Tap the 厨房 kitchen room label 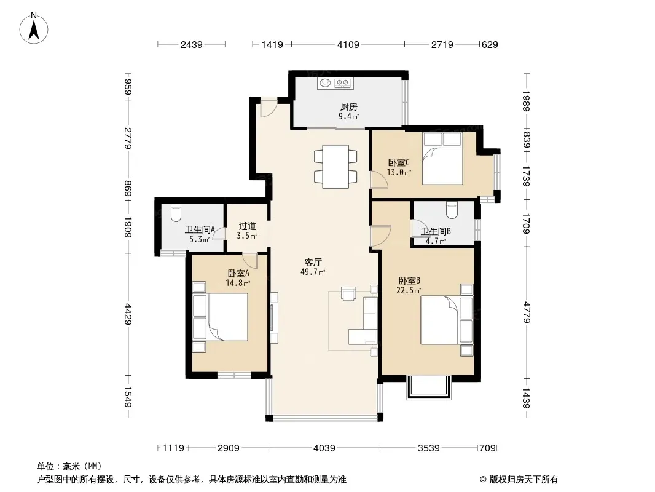(x=349, y=106)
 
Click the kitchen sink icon (x=326, y=83)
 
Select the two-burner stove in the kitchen (x=342, y=83)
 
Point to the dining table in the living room (x=336, y=167)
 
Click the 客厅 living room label (x=313, y=263)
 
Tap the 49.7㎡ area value (x=313, y=272)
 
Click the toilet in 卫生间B (x=452, y=210)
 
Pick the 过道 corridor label (x=247, y=226)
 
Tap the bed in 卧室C (x=442, y=159)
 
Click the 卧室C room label (x=399, y=162)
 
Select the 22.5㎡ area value (x=409, y=290)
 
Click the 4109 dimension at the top (x=348, y=44)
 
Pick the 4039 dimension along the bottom (x=324, y=448)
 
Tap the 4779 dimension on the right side (x=526, y=312)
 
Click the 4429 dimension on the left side (x=128, y=314)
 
